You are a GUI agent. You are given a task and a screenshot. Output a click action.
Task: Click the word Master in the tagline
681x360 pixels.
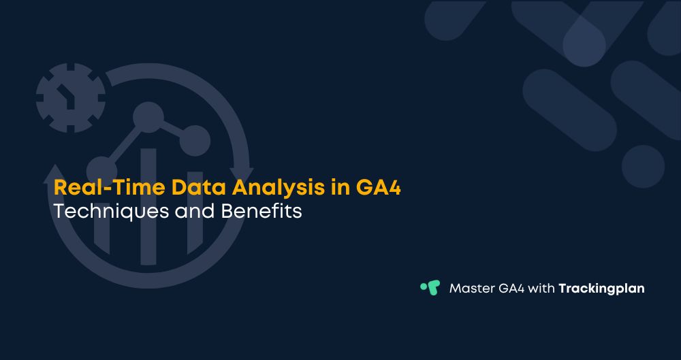pyautogui.click(x=471, y=288)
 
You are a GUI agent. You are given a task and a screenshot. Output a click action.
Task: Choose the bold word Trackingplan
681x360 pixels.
pyautogui.click(x=601, y=289)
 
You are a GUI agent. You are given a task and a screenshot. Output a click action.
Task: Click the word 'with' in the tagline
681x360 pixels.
pyautogui.click(x=543, y=288)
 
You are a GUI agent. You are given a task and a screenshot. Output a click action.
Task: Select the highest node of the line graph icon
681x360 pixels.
pyautogui.click(x=147, y=117)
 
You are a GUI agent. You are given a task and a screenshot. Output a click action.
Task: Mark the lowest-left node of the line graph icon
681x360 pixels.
pyautogui.click(x=101, y=169)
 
